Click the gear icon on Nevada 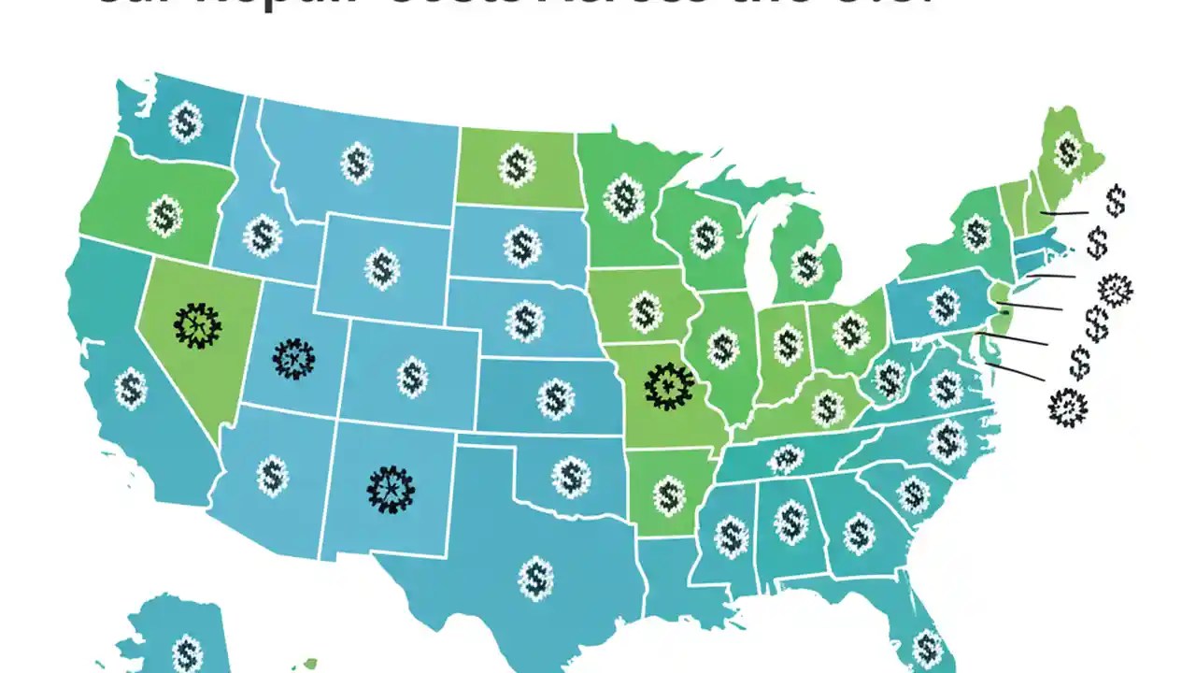[x=197, y=325]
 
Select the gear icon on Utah [x=294, y=358]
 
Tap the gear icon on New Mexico [x=391, y=489]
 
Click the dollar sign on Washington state [x=186, y=122]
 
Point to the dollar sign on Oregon [x=166, y=216]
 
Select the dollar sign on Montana [x=356, y=163]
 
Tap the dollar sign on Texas [x=535, y=577]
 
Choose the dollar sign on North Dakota [x=517, y=166]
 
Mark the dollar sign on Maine [x=1067, y=150]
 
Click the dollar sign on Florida [x=926, y=646]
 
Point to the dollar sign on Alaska [x=187, y=652]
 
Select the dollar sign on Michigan [x=805, y=266]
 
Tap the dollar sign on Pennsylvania [x=945, y=305]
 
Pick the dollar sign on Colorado [x=412, y=378]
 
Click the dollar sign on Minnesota [x=624, y=197]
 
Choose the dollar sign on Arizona [x=272, y=475]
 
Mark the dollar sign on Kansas [x=555, y=398]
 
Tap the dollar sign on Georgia [x=859, y=534]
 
